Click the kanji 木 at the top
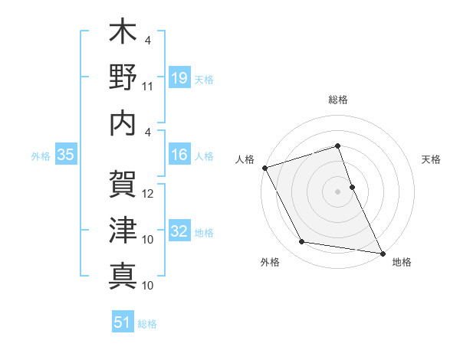(x=123, y=34)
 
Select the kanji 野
(x=123, y=78)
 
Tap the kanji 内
(x=123, y=123)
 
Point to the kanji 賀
(x=123, y=183)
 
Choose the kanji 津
(x=123, y=229)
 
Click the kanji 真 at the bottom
(x=123, y=275)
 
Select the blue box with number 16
(x=179, y=155)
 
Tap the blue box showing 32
(x=179, y=231)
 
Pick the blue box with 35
(x=65, y=155)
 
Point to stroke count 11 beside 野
(x=148, y=86)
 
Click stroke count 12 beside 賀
(x=148, y=193)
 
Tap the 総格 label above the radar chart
(x=337, y=100)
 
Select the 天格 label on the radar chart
(x=431, y=159)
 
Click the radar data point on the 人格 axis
(x=264, y=167)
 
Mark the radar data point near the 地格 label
(x=382, y=252)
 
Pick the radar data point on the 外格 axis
(x=302, y=242)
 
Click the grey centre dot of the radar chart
(x=337, y=191)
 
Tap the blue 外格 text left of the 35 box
(x=41, y=155)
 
